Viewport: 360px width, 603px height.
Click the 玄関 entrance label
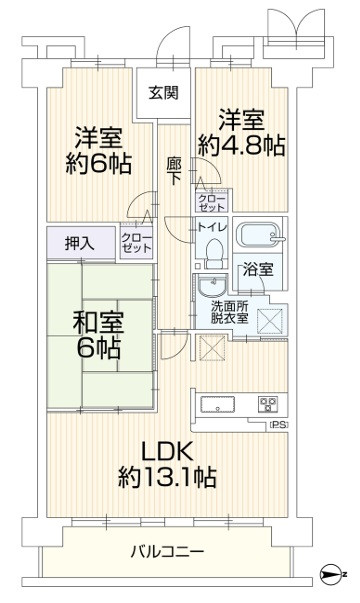pyautogui.click(x=163, y=93)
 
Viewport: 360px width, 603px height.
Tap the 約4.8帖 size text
pyautogui.click(x=242, y=146)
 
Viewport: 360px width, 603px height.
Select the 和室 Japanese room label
pyautogui.click(x=98, y=322)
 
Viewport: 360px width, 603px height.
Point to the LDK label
pyautogui.click(x=167, y=451)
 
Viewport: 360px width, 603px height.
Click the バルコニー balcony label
pyautogui.click(x=167, y=552)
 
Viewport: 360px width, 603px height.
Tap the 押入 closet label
pyautogui.click(x=80, y=243)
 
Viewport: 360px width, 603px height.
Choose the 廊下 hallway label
pyautogui.click(x=173, y=171)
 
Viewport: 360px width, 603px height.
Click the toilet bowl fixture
pyautogui.click(x=213, y=252)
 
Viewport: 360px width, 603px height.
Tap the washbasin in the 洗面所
pyautogui.click(x=212, y=286)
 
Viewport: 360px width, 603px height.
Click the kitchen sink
pyautogui.click(x=218, y=404)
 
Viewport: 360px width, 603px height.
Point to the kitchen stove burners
pyautogui.click(x=268, y=404)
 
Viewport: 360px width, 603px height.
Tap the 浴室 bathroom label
pyautogui.click(x=258, y=270)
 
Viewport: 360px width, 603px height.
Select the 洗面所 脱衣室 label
pyautogui.click(x=229, y=312)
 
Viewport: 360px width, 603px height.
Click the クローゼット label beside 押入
pyautogui.click(x=137, y=242)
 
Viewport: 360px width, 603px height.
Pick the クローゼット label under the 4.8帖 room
pyautogui.click(x=211, y=203)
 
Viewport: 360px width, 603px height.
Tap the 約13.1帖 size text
pyautogui.click(x=167, y=477)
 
